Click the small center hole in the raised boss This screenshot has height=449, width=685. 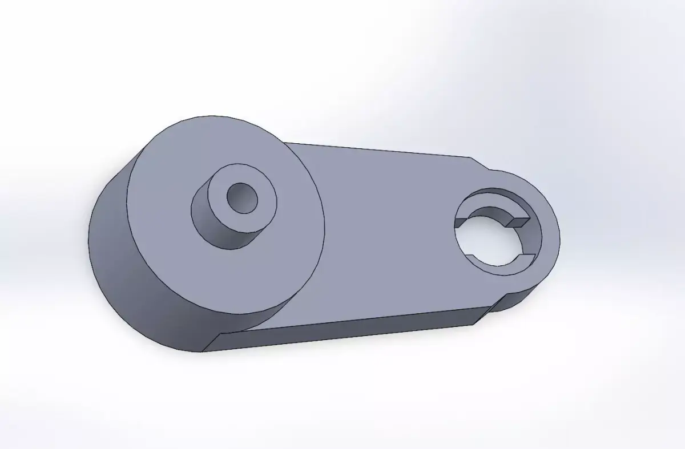pos(242,197)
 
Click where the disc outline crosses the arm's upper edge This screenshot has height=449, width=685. pos(284,143)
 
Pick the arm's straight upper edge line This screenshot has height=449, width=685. pos(377,150)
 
